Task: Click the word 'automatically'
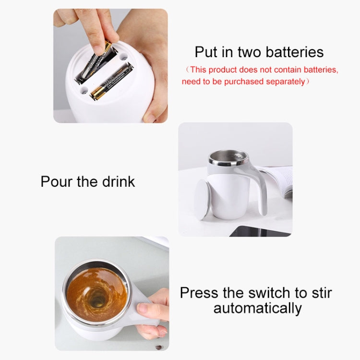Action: (257, 308)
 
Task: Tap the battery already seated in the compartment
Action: (112, 83)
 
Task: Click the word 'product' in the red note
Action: (226, 70)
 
